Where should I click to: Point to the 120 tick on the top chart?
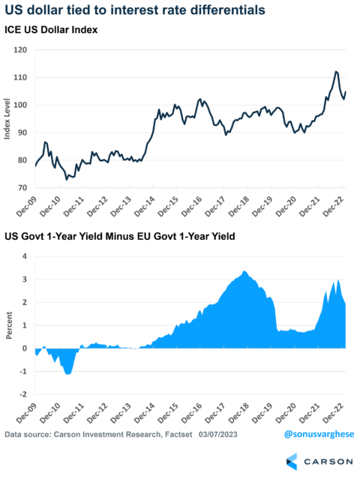(x=22, y=49)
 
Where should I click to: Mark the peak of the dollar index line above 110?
(x=336, y=71)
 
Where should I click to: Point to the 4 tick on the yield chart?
(x=25, y=256)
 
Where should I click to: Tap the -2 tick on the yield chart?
(x=23, y=394)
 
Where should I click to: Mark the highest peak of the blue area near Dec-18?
(x=245, y=271)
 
